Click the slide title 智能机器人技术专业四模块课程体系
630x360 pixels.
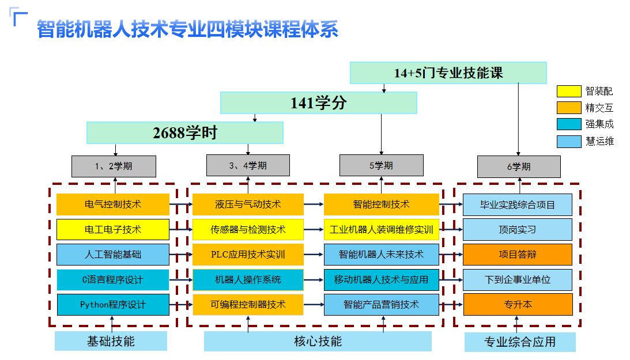point(187,29)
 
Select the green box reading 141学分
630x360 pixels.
point(318,103)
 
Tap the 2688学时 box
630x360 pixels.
point(185,132)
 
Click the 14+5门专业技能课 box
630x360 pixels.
point(448,73)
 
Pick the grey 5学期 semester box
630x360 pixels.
point(381,166)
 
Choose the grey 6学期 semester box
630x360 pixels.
point(518,166)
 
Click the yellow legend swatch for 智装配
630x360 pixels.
point(568,91)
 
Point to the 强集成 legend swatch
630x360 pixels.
point(568,124)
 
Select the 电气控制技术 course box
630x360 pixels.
point(113,204)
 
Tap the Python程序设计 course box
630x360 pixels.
point(113,305)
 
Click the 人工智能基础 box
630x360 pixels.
point(113,255)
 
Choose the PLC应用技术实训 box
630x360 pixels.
point(248,255)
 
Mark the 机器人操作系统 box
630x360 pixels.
point(248,280)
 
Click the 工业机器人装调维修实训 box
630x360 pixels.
point(381,229)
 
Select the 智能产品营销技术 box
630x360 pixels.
point(381,305)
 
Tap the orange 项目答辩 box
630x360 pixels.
point(518,255)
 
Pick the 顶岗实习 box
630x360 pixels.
point(518,229)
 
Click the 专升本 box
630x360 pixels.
point(518,305)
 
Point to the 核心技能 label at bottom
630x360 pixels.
point(318,342)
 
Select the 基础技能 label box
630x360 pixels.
point(111,342)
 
